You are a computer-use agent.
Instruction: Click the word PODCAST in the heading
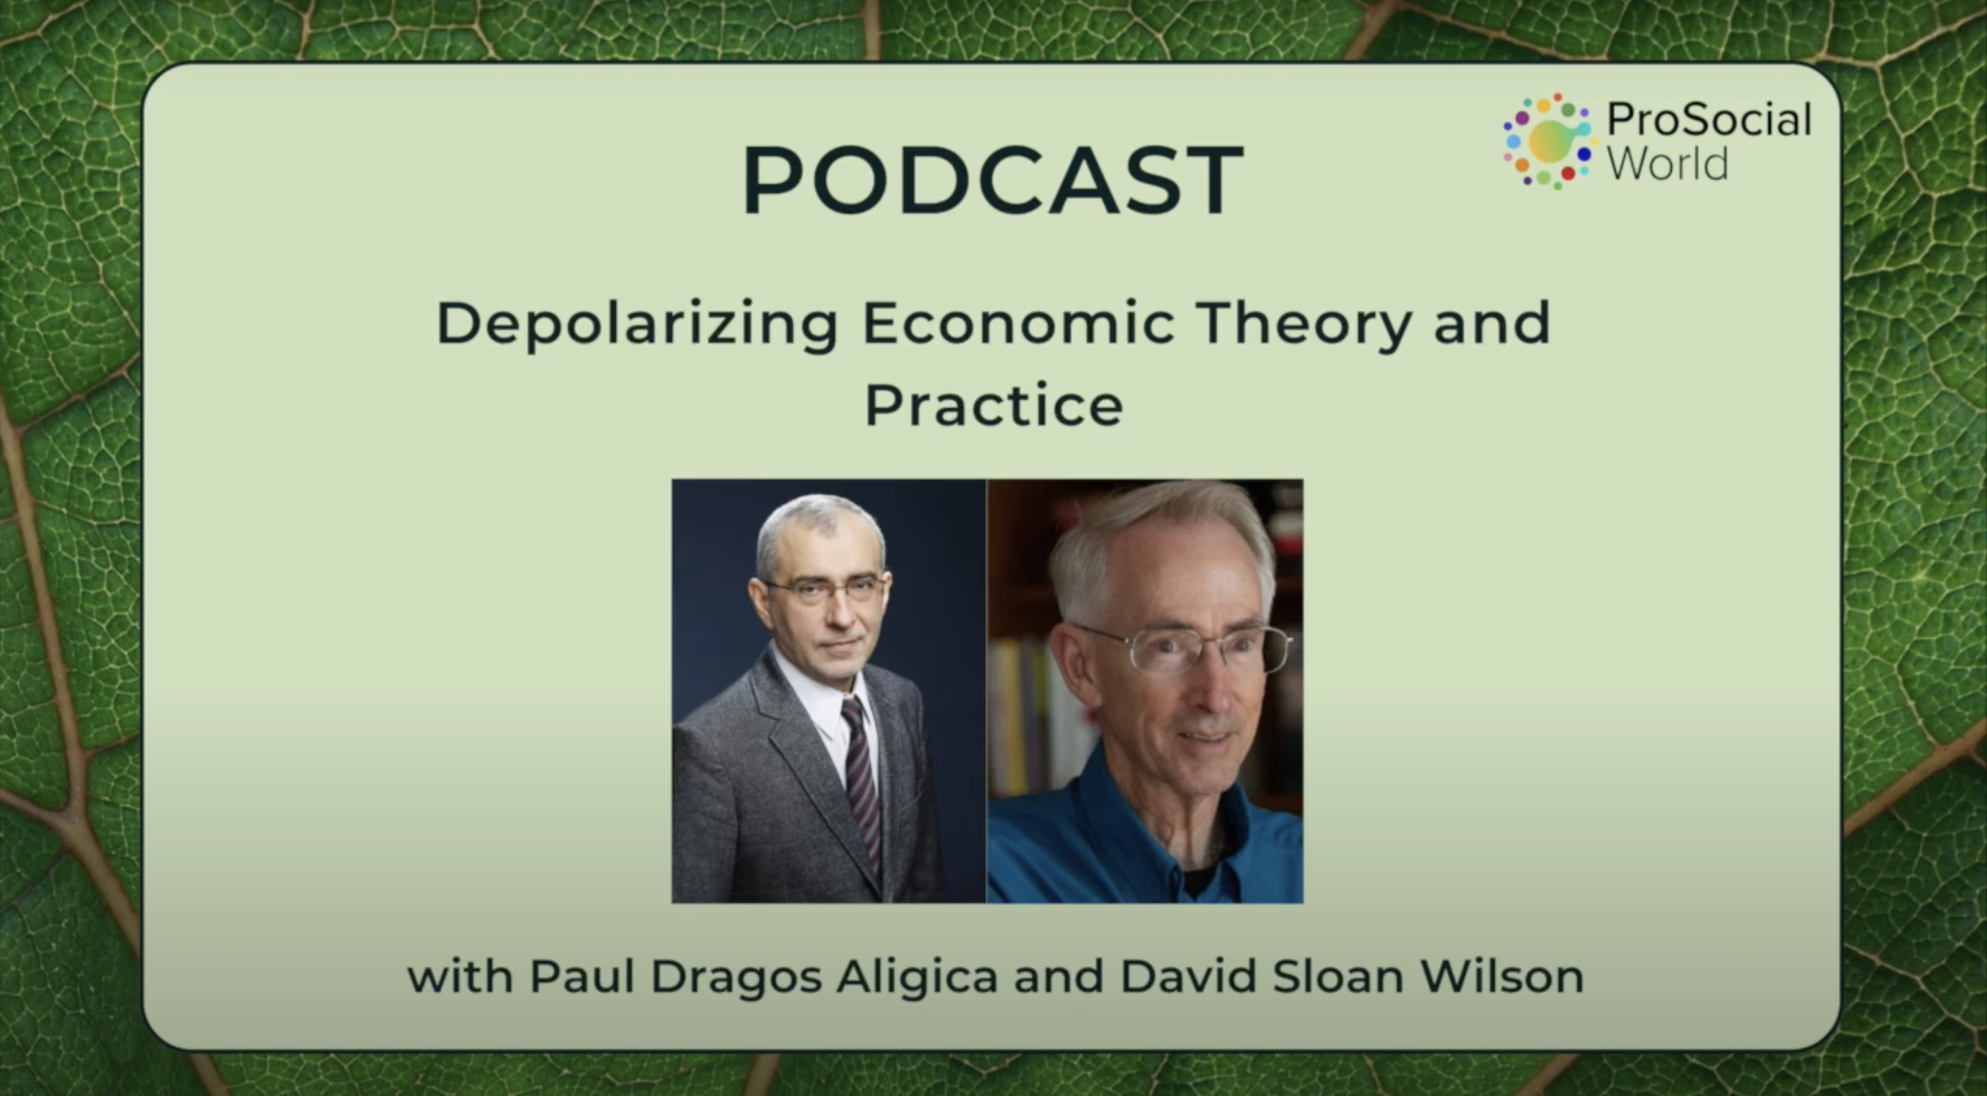pyautogui.click(x=993, y=180)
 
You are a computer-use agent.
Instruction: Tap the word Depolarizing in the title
pyautogui.click(x=637, y=325)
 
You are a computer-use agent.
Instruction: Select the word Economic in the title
pyautogui.click(x=1018, y=322)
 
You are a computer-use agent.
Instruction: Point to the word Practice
pyautogui.click(x=993, y=405)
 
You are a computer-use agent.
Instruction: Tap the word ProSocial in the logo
pyautogui.click(x=1709, y=119)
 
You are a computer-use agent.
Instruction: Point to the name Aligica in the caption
pyautogui.click(x=918, y=978)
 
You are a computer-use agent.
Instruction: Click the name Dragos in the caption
pyautogui.click(x=737, y=978)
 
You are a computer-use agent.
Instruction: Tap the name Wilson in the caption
pyautogui.click(x=1502, y=977)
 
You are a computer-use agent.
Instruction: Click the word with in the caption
pyautogui.click(x=460, y=977)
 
